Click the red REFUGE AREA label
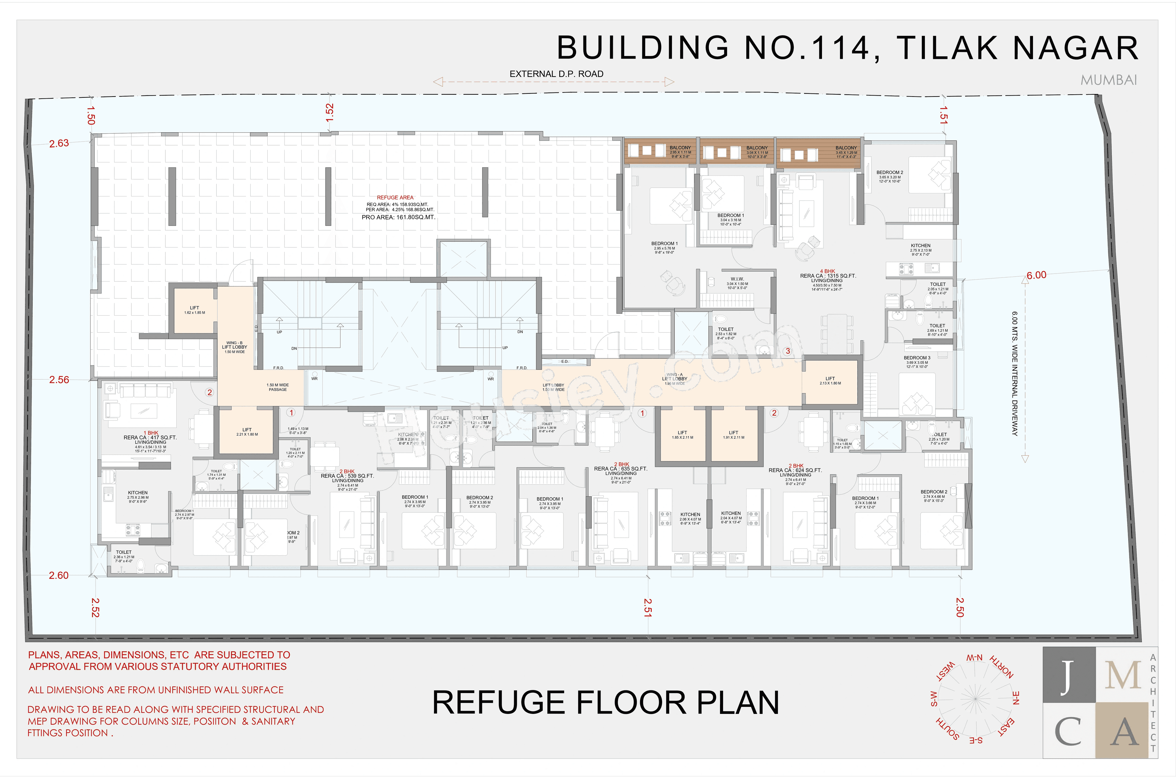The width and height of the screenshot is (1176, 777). click(395, 197)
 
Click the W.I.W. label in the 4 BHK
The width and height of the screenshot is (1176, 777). click(737, 279)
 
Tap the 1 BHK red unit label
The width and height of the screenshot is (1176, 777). click(151, 433)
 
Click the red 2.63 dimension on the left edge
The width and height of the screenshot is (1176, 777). click(59, 143)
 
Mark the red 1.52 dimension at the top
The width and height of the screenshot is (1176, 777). click(330, 112)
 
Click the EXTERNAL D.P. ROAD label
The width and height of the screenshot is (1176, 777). click(556, 74)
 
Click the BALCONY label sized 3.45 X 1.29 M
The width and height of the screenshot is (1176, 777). click(846, 148)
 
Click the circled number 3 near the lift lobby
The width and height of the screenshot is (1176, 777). click(788, 351)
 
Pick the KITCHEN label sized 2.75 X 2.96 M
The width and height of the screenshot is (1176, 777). click(138, 493)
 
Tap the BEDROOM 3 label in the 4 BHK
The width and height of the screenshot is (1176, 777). click(917, 358)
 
